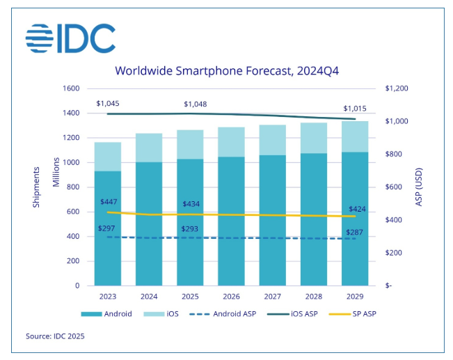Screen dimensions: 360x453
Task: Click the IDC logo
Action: [x=70, y=39]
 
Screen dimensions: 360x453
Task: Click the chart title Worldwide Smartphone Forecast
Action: [x=227, y=70]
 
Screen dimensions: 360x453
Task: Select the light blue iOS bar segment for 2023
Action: [x=108, y=157]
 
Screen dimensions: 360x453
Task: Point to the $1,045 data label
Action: [x=109, y=103]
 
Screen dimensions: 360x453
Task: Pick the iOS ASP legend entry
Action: [x=300, y=314]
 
